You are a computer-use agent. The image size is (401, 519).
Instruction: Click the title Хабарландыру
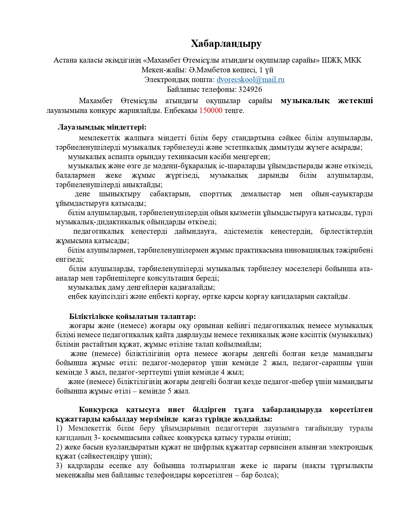tap(226, 44)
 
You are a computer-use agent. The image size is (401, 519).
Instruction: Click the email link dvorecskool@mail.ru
tap(250, 80)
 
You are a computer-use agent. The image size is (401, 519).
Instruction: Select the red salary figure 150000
tap(211, 110)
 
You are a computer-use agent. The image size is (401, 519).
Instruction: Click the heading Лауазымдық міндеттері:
tap(102, 127)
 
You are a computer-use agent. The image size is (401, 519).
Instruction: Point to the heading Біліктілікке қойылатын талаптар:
tap(132, 316)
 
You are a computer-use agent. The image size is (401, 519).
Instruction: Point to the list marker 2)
tap(59, 447)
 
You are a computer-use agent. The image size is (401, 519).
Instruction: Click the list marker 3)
tap(59, 466)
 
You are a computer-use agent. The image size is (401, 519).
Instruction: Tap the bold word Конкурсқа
tap(98, 410)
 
